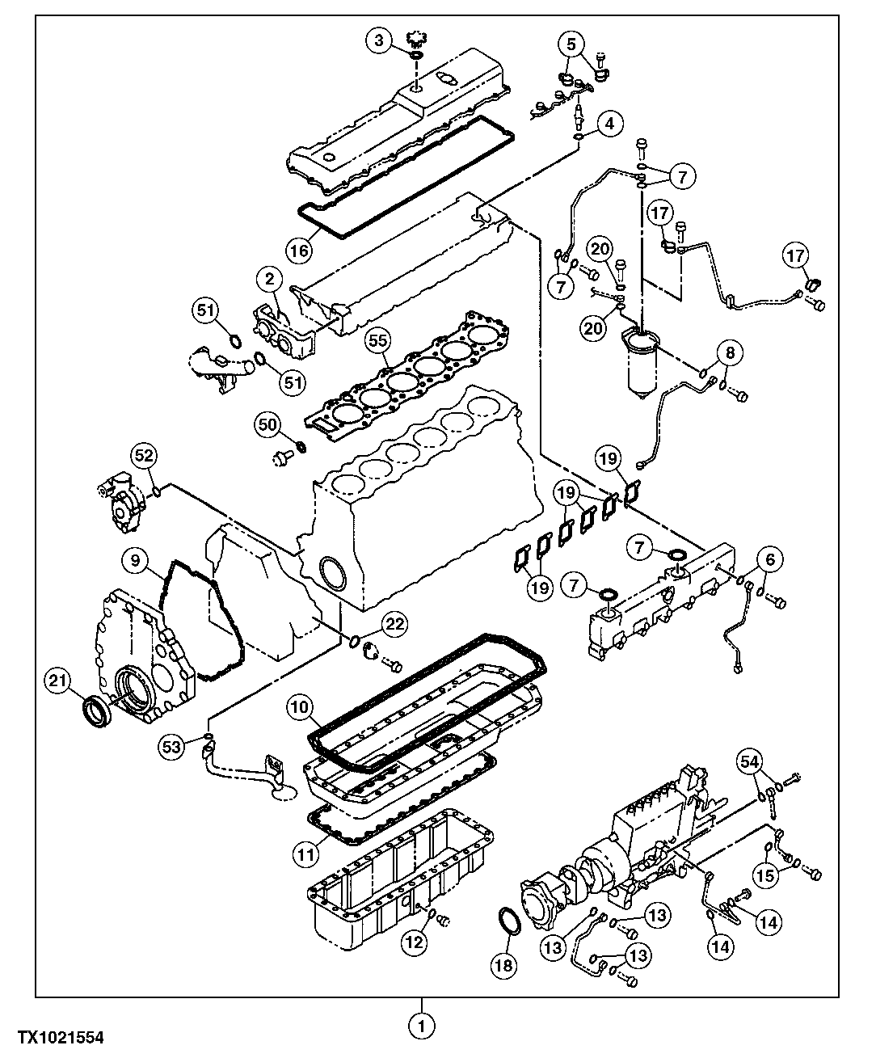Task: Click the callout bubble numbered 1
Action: pos(421,1026)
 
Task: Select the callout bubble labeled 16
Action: pos(299,251)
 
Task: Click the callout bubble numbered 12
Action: pos(414,941)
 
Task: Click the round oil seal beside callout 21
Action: pos(98,710)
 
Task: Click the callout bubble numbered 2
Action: pos(269,280)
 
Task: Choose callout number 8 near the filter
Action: pos(730,352)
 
